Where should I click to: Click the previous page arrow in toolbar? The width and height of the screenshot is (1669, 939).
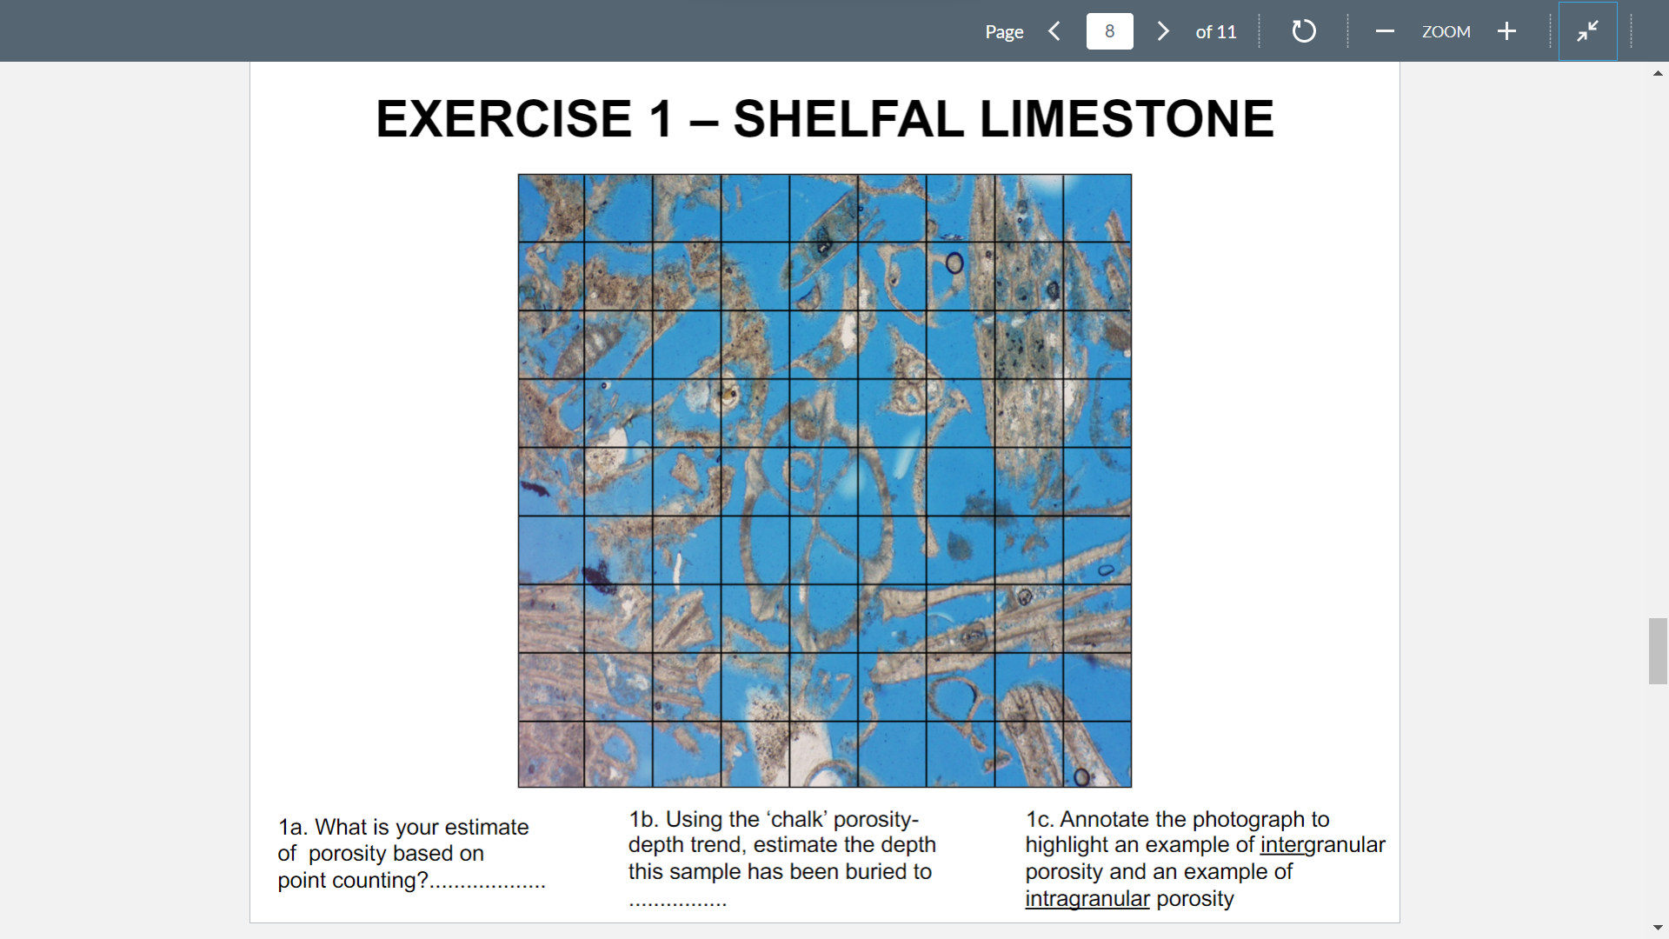[x=1054, y=31]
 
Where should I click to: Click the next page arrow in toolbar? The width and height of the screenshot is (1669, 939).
[x=1163, y=31]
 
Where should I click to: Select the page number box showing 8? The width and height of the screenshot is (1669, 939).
[x=1109, y=31]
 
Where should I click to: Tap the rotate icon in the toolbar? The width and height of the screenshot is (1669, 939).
[x=1303, y=31]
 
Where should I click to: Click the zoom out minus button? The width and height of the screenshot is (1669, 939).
[x=1385, y=31]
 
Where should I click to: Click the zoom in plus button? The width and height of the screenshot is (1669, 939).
[x=1506, y=31]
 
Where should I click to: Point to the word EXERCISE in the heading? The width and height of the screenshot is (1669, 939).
[x=503, y=119]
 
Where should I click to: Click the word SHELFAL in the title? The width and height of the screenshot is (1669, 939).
[x=848, y=119]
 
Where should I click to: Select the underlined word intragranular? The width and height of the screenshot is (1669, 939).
[x=1087, y=899]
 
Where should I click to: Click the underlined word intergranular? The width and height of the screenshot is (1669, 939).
[x=1322, y=845]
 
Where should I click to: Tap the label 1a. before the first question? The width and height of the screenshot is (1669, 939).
[x=292, y=827]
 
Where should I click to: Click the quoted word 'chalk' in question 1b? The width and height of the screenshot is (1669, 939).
[x=796, y=820]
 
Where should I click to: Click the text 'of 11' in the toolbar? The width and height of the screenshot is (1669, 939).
[x=1215, y=32]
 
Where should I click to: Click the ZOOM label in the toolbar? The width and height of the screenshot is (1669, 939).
[x=1446, y=32]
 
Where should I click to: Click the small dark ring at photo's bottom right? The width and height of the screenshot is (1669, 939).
[x=1081, y=777]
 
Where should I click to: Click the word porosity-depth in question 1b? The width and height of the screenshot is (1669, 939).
[x=875, y=820]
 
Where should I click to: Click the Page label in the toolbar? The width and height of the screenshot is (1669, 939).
[x=1004, y=32]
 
